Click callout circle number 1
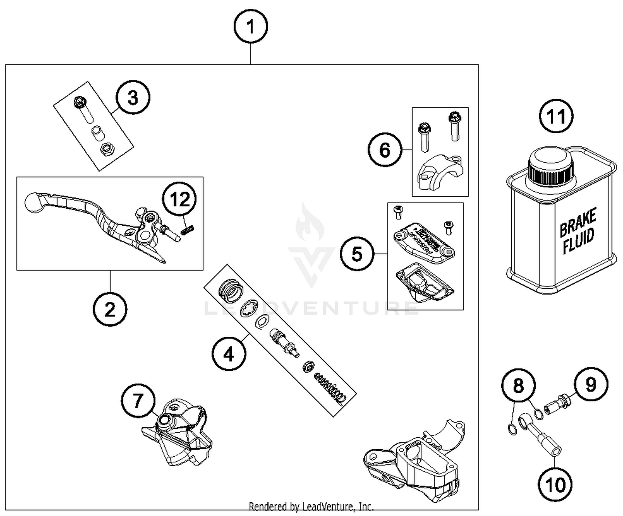(x=250, y=27)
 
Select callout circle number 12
(x=180, y=200)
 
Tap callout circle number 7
(x=138, y=401)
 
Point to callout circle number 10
(x=556, y=484)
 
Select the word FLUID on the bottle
(x=579, y=242)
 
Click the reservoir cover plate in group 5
(x=424, y=243)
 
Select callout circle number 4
(x=229, y=355)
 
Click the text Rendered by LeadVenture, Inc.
(x=311, y=506)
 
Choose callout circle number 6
(x=385, y=150)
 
